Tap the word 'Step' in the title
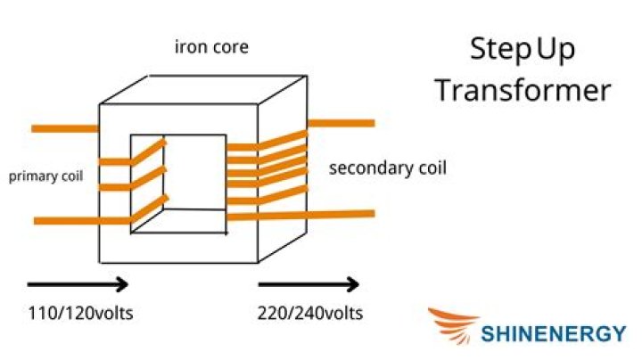[x=499, y=52]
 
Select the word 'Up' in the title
[x=556, y=52]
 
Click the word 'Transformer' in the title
[x=523, y=91]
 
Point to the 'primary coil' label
[x=45, y=176]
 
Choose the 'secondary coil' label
[x=387, y=168]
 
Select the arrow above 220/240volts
[x=309, y=285]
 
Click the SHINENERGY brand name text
[x=553, y=334]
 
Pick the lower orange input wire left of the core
[x=67, y=220]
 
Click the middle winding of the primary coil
[x=116, y=186]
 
